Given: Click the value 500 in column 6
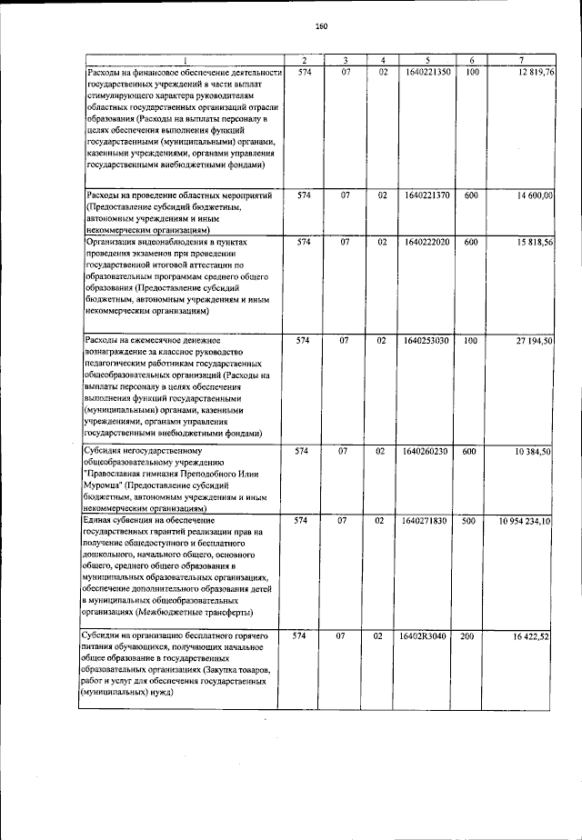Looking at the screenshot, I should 467,521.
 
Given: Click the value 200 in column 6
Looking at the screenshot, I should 467,636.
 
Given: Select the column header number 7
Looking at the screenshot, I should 522,60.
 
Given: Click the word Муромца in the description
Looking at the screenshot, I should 107,485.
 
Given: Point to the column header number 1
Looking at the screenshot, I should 183,60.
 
